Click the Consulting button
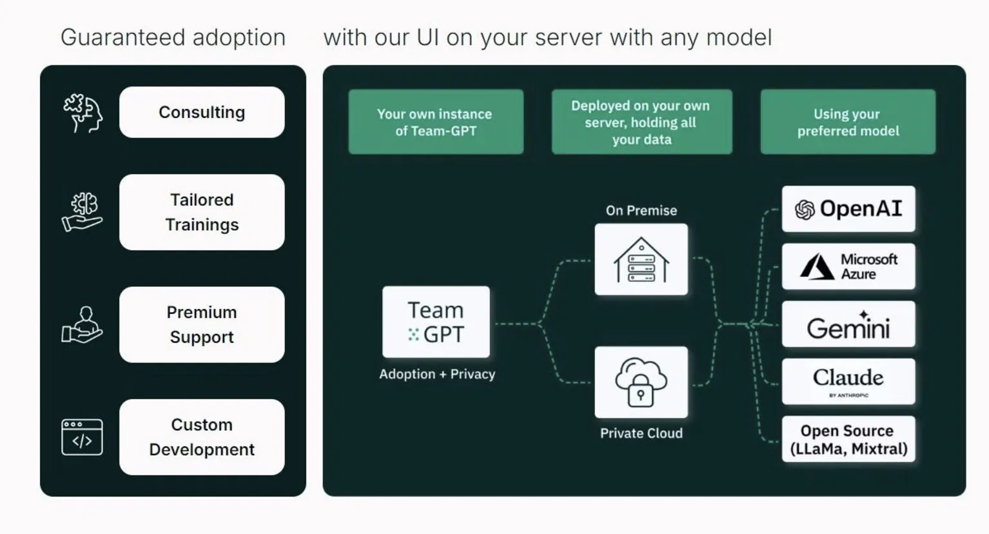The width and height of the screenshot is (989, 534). tap(202, 112)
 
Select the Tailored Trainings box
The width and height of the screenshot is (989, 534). tap(202, 212)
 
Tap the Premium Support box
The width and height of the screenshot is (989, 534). tap(202, 324)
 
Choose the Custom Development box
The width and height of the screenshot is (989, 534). tap(202, 437)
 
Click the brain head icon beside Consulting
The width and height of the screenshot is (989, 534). tap(83, 113)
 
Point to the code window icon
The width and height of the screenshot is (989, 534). tap(82, 437)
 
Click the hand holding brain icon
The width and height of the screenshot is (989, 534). tap(83, 212)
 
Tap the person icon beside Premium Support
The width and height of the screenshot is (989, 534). tap(82, 324)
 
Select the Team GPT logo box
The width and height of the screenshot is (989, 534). tap(436, 322)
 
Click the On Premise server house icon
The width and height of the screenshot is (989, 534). tap(641, 260)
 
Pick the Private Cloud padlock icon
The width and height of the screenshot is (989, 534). tap(641, 382)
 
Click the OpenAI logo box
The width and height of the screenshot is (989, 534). tap(848, 209)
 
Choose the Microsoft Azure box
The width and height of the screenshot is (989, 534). tap(848, 266)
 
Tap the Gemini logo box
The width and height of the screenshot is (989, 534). tap(848, 324)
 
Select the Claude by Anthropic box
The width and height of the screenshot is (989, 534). tap(848, 382)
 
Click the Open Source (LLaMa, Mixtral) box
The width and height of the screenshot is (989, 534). tap(848, 439)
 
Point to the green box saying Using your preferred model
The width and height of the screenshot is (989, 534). tap(848, 122)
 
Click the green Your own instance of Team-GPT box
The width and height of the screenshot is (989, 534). tap(436, 122)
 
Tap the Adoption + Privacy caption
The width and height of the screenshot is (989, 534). tap(437, 374)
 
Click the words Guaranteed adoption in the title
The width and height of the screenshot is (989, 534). tap(173, 37)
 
